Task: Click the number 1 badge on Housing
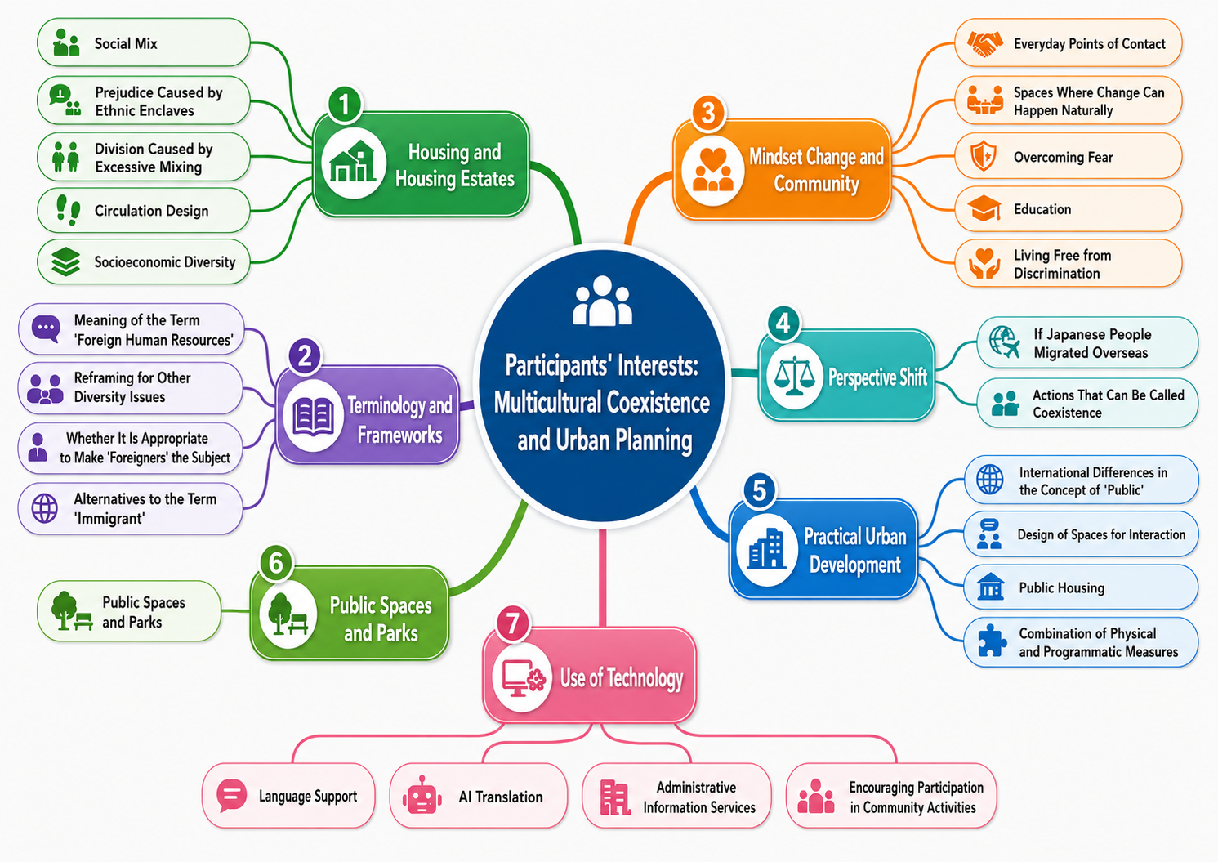tap(344, 104)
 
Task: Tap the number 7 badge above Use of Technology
tap(512, 623)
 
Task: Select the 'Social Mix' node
tap(144, 42)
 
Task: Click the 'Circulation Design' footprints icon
tap(68, 210)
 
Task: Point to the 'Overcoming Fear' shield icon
tap(984, 156)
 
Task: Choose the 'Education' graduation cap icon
tap(984, 209)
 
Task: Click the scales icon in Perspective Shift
tap(794, 376)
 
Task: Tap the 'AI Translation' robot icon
tap(422, 796)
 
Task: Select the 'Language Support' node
tap(288, 796)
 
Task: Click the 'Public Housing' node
tap(1081, 587)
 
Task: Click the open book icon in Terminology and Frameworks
tap(313, 417)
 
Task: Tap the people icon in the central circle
tap(603, 301)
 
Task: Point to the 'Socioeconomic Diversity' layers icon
tap(66, 261)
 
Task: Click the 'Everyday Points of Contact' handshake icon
tap(984, 43)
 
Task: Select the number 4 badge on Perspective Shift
tap(783, 324)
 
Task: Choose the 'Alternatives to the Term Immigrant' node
tap(131, 508)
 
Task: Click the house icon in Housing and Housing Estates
tap(354, 162)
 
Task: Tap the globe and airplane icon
tap(1004, 342)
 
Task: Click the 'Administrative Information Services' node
tap(676, 796)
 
